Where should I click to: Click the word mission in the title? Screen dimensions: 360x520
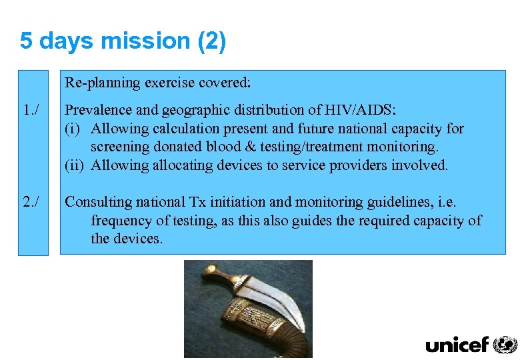point(146,41)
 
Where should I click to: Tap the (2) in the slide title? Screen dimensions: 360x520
point(211,41)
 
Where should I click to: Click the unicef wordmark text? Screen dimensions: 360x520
point(457,345)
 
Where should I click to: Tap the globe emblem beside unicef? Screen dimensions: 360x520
point(505,344)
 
